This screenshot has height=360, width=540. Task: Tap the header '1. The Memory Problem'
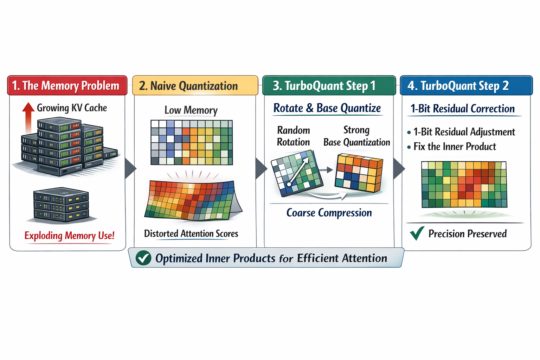click(66, 85)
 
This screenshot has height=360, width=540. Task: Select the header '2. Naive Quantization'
click(188, 86)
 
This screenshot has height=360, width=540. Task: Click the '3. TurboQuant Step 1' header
click(324, 85)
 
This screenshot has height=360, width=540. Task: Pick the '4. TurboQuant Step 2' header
click(458, 85)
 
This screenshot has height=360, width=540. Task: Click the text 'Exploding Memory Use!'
click(69, 235)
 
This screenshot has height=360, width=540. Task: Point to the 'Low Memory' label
click(191, 110)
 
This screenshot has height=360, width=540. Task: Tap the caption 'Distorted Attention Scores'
click(191, 233)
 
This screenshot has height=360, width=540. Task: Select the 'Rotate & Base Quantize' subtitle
click(327, 108)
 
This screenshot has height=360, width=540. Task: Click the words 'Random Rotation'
click(294, 136)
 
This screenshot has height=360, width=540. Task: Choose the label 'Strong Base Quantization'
click(356, 136)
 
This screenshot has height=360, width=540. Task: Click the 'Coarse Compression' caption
click(329, 213)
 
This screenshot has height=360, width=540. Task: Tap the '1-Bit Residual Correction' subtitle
click(463, 109)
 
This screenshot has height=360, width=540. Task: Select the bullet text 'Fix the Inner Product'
click(455, 146)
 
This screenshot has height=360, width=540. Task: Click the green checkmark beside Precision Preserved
click(417, 233)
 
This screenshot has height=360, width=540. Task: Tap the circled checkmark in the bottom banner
click(143, 258)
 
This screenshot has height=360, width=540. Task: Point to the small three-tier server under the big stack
click(61, 205)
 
